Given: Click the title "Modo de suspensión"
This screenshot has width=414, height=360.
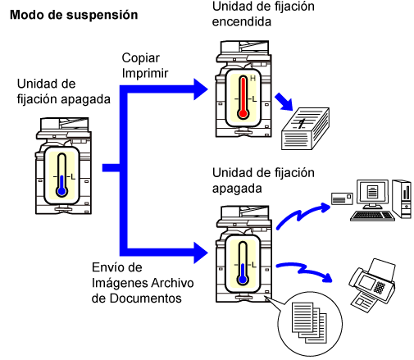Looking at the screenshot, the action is [74, 15].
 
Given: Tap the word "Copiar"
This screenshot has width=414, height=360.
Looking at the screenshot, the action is [141, 58].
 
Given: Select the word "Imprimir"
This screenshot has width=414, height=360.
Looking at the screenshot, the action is [145, 73].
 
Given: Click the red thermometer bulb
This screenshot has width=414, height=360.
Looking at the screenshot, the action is [243, 113].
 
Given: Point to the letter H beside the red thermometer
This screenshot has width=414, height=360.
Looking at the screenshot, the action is [252, 79].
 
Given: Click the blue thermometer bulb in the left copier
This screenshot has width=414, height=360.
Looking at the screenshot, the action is [62, 192].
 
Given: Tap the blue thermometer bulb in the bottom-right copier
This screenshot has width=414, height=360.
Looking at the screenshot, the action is [243, 280].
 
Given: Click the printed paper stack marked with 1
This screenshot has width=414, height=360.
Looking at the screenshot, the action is [305, 129].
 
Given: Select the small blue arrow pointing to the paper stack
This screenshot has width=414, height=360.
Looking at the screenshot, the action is [284, 102].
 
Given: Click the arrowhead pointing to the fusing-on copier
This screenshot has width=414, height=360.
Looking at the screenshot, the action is [200, 89].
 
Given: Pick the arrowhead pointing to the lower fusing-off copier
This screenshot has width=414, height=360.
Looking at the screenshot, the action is [200, 253].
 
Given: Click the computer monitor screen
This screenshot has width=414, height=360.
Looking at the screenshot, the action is [372, 191].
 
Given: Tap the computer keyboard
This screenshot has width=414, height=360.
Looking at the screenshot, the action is [372, 216].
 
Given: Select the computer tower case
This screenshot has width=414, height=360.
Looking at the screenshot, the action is [402, 198].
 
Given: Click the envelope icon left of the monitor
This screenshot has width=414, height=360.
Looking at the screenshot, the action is [342, 198].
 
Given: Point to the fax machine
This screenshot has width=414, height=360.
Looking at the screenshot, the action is [372, 285].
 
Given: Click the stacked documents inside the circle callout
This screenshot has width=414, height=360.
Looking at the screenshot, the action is [309, 322].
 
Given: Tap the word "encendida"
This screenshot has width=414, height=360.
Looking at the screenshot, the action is [242, 22].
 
